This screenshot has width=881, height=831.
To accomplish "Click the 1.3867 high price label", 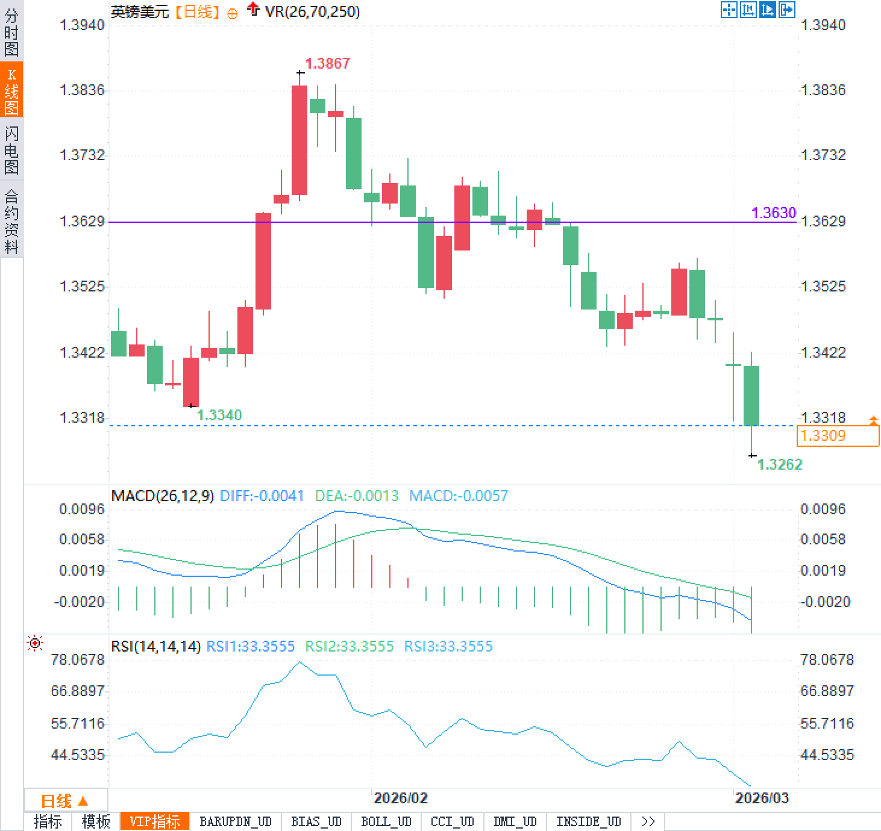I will point(327,63).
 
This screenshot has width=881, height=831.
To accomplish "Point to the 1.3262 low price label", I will point(780,464).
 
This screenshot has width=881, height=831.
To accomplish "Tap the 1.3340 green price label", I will point(219,415).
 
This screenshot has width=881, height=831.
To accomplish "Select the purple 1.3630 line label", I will point(774,213).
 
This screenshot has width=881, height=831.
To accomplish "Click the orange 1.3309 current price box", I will point(837,435).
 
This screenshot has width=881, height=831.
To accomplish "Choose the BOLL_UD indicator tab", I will point(386,822).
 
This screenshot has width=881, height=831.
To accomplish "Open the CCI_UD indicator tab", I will point(452,822).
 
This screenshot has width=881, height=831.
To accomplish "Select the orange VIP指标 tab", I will point(155,822).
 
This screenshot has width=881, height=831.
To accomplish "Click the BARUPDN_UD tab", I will point(236,822).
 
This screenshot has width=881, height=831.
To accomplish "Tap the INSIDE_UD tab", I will point(588,822).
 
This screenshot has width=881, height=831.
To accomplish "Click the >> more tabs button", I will point(648,822).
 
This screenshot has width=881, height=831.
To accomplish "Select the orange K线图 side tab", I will point(11,90).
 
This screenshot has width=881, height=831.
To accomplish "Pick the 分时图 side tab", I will point(11,31).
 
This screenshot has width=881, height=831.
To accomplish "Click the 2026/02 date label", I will point(400,798).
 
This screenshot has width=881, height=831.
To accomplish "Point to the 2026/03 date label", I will point(762,798).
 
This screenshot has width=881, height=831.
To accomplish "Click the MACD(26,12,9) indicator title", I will point(163,496).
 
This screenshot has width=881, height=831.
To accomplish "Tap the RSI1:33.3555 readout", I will point(251,647).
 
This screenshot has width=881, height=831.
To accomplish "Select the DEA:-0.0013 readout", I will point(357,496).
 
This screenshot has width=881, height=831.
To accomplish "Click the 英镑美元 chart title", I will point(140,11).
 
